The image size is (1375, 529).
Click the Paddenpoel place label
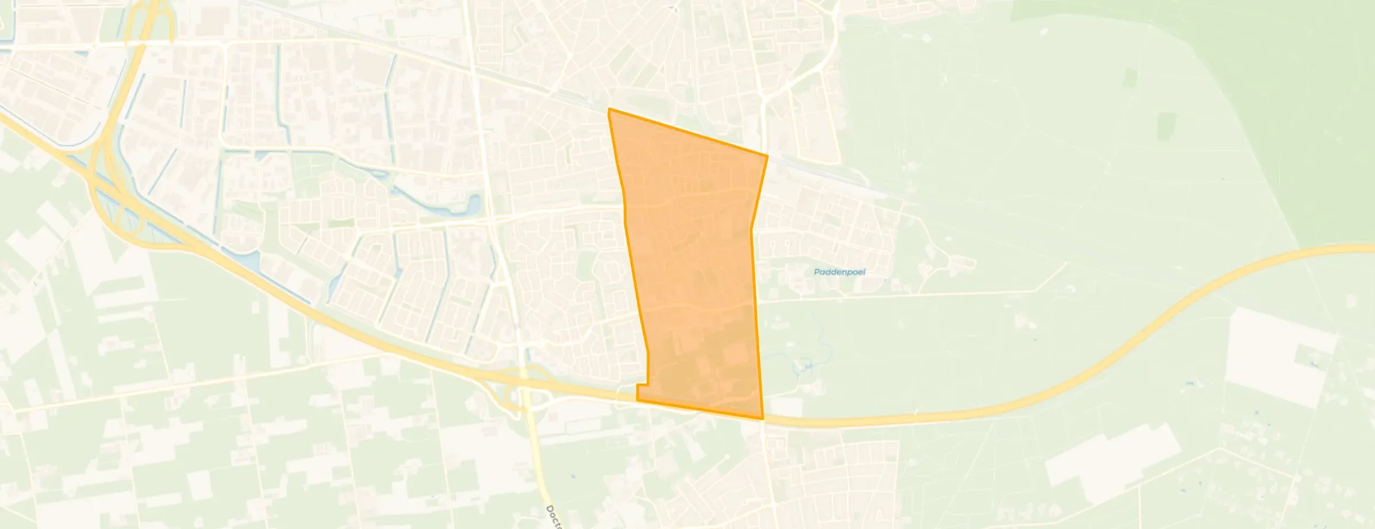coord(839,272)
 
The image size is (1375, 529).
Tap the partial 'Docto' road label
coord(554,517)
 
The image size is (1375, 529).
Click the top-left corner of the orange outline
coord(609,109)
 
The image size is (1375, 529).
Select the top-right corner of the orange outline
coord(767,155)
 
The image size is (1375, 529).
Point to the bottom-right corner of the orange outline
coord(763,419)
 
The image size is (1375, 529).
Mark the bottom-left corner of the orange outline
coord(637,400)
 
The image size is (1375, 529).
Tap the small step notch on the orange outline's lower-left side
coord(648,384)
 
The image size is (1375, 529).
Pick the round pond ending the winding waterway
coord(474,202)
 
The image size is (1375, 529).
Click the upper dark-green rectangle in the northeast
coord(1129,78)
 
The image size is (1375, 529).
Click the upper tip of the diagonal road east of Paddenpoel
coord(1066,264)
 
